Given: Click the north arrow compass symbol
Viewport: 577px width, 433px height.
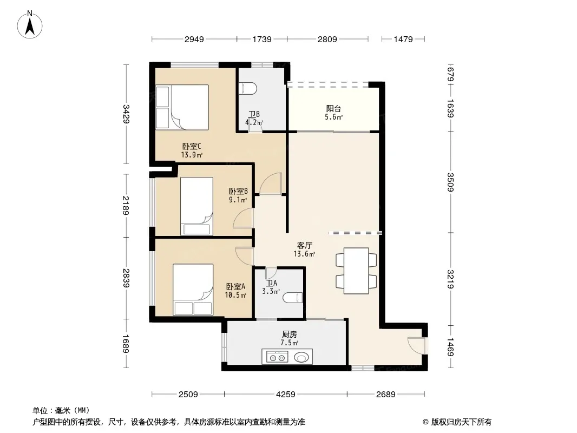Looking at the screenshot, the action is point(30,25).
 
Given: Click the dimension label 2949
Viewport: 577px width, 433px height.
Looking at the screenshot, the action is point(194,39).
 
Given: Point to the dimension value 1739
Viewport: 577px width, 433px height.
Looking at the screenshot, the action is point(261,39).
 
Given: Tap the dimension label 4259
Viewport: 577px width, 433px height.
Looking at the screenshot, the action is point(286,395).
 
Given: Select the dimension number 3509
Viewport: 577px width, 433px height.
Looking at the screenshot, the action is point(450,182).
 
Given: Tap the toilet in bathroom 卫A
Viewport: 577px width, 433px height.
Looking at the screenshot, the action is point(293,297).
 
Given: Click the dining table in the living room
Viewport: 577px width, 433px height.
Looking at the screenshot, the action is point(356,271).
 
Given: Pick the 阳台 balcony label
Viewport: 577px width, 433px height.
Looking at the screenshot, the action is point(333,109).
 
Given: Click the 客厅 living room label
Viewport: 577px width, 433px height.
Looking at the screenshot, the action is point(304,245).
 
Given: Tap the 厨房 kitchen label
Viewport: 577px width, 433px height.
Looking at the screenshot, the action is point(290,334).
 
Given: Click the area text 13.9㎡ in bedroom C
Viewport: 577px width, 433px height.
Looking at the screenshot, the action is point(192,155).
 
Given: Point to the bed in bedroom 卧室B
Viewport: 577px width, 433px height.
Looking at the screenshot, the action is point(196,206).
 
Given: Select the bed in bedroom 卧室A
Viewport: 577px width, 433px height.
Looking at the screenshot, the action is point(193,290).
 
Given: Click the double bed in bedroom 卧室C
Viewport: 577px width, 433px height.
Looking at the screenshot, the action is point(182,107).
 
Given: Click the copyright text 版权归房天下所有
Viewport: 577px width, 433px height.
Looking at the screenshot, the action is point(461,422).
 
